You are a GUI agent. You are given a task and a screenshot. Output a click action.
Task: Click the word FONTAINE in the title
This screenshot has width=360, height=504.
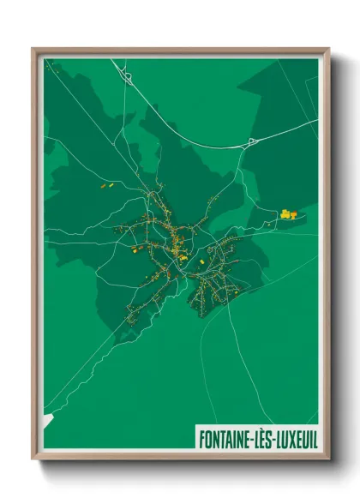[x=225, y=438]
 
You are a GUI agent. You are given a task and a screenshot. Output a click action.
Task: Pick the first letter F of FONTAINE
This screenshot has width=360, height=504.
[x=201, y=438]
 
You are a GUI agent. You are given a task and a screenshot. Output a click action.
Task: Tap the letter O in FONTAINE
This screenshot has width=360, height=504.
[x=207, y=438]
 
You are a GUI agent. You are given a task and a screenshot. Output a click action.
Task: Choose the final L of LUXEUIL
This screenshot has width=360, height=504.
[x=314, y=438]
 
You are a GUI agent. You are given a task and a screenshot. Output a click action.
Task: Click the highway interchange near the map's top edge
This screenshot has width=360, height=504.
[x=127, y=77]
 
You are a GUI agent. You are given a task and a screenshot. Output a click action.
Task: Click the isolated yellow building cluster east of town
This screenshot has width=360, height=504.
[x=287, y=213]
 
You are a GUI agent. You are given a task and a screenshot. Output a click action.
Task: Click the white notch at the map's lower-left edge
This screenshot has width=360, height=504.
[x=48, y=419]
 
